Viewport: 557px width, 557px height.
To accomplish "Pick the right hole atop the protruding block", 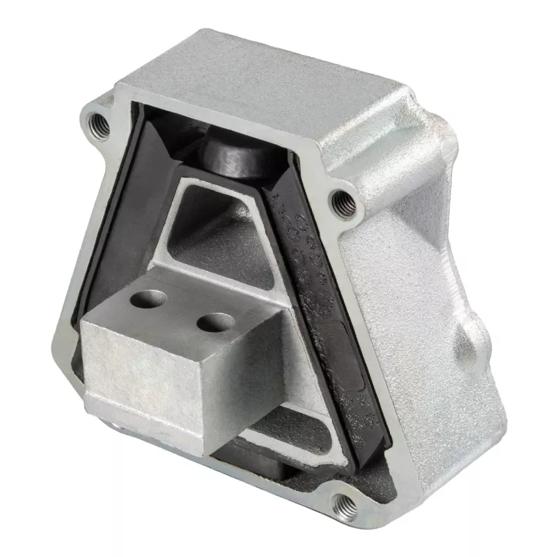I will [x=215, y=322].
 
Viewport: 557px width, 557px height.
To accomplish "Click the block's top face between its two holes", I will [x=183, y=311].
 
